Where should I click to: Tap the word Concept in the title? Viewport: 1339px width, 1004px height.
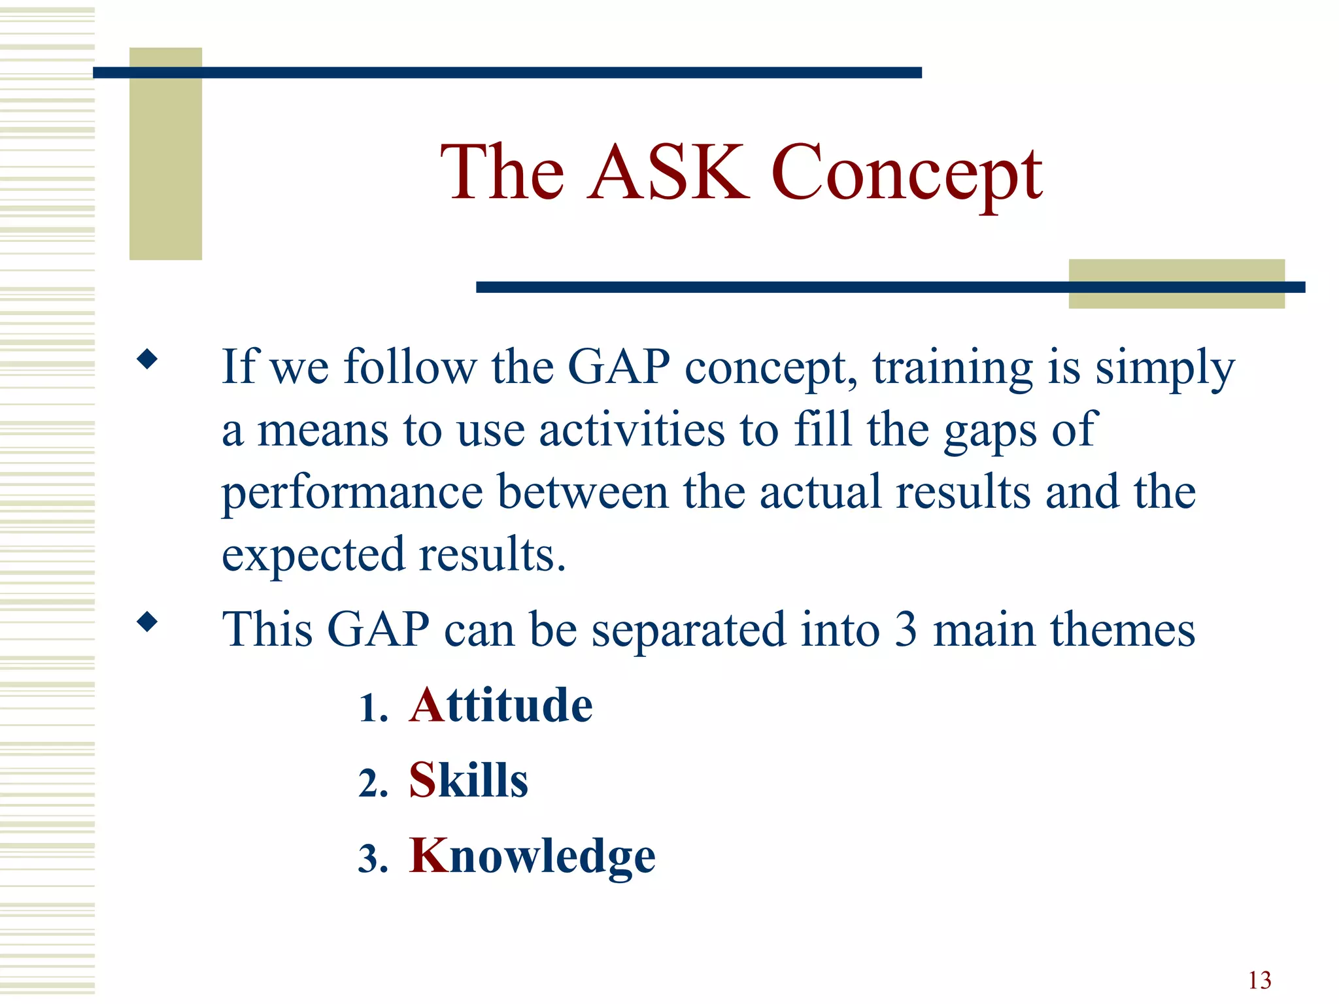point(907,174)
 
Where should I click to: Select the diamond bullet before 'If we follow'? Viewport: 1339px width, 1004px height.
point(148,359)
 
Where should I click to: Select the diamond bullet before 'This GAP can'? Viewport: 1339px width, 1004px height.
point(148,622)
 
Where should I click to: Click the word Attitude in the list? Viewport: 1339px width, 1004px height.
point(501,706)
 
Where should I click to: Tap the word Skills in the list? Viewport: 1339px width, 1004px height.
point(468,780)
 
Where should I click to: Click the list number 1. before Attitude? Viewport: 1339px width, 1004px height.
point(373,709)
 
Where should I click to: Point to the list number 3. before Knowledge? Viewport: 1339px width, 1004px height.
point(373,858)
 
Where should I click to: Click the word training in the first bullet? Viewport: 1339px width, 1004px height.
point(952,367)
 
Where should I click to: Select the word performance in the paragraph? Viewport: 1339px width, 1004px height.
point(352,494)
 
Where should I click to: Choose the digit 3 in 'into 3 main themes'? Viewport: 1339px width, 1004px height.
point(906,630)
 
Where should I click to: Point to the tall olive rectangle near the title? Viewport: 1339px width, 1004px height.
point(165,154)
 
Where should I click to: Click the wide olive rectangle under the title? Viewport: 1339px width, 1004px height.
point(1176,284)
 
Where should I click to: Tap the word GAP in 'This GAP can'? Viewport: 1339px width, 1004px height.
point(378,630)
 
